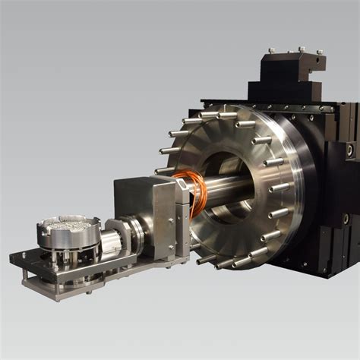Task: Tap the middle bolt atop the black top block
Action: pos(302,50)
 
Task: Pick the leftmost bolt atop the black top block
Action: pos(273,52)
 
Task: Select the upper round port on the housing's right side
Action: pos(350,150)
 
